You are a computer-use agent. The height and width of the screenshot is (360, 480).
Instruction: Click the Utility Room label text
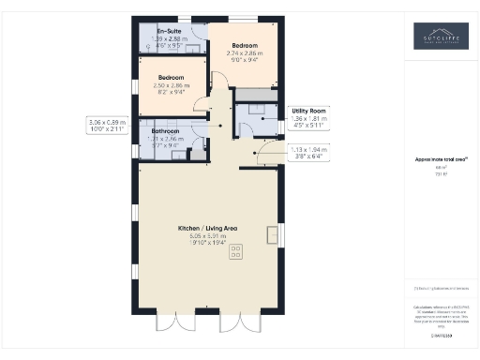click(x=308, y=111)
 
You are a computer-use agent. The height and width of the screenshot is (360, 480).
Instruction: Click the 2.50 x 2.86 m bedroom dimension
click(x=172, y=85)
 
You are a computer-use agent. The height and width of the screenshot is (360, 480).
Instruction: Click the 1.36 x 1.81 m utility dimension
click(x=308, y=119)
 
